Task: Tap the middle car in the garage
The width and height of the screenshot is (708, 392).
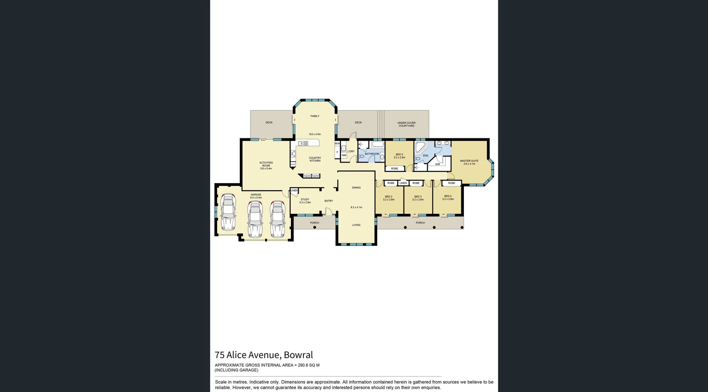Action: (255, 219)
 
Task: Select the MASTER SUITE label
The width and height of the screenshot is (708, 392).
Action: (469, 161)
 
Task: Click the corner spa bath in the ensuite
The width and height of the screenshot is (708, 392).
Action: (420, 147)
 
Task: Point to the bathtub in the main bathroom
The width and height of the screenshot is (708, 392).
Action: (378, 145)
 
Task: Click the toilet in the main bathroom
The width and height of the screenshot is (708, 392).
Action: (362, 157)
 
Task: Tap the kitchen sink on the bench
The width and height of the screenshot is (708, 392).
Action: (303, 143)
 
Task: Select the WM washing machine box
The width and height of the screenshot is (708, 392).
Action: (344, 155)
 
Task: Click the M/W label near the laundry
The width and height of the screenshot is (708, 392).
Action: (337, 143)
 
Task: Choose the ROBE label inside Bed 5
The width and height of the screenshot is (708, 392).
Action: (395, 169)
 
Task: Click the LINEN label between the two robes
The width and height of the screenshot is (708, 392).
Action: (403, 183)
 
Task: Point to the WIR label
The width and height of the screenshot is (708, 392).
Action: (437, 164)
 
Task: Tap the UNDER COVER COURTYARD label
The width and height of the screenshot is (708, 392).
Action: (406, 124)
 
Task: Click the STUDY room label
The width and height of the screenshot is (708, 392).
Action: (305, 200)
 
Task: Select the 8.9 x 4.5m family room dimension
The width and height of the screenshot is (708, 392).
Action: (315, 134)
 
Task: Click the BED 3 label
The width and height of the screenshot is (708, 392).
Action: (418, 197)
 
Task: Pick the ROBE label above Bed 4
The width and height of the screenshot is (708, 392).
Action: (451, 183)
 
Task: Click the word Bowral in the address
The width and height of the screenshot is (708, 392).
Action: (298, 355)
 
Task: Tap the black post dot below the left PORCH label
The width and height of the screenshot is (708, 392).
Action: (315, 227)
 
